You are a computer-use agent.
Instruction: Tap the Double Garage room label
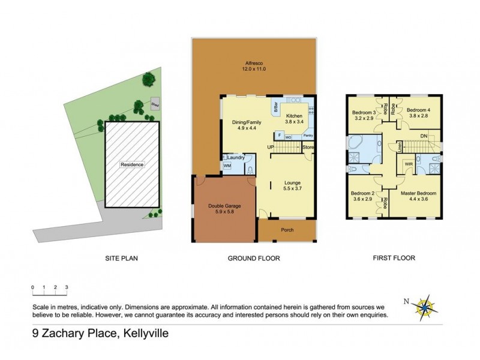[224, 208]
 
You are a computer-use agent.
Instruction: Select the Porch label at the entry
[286, 230]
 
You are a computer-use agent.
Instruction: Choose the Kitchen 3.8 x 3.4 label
[294, 117]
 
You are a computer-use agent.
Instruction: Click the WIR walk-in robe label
[408, 163]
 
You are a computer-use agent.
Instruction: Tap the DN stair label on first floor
[424, 136]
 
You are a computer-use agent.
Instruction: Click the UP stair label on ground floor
[271, 146]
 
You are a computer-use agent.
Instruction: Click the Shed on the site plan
[155, 102]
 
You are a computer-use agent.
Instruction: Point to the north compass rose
[427, 307]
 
